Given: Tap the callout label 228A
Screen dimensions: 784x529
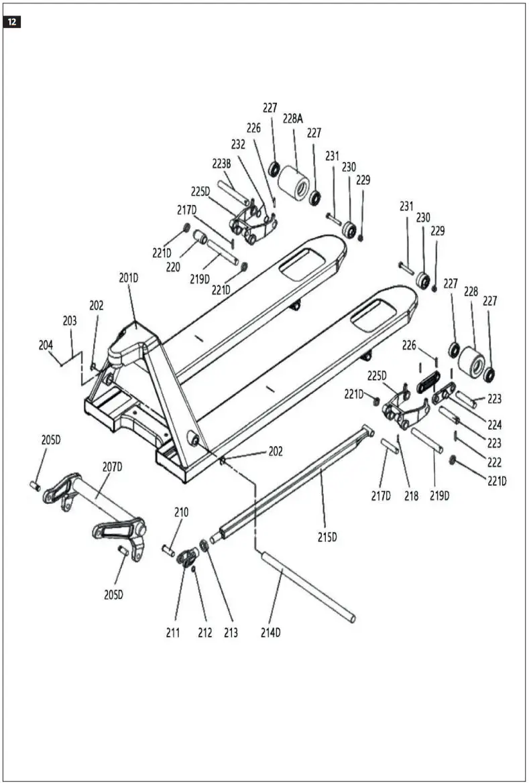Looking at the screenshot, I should click(292, 119).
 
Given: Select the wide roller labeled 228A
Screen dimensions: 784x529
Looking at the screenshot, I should click(293, 181).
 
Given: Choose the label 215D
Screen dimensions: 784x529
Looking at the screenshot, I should click(327, 537).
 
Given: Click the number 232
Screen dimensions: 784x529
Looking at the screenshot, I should click(239, 143).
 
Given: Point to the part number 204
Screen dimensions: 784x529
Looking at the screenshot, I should click(46, 345).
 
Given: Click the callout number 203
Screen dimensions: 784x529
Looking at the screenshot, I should click(70, 321).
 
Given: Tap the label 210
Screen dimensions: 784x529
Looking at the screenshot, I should click(181, 512).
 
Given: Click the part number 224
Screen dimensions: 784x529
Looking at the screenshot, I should click(495, 424).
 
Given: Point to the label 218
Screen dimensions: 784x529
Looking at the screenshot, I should click(411, 496).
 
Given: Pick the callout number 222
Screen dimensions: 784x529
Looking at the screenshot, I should click(495, 462).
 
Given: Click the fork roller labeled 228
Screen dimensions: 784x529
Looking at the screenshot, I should click(472, 366).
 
